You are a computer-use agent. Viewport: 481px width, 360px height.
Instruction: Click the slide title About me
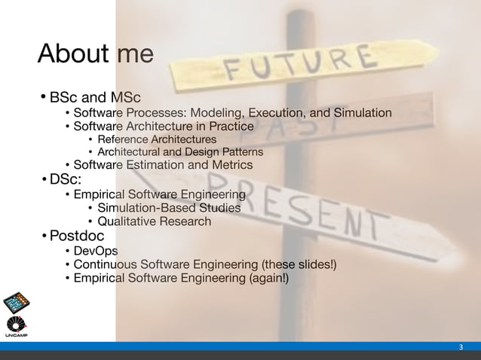coord(96,53)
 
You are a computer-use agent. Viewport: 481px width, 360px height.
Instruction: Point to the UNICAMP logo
coord(17,310)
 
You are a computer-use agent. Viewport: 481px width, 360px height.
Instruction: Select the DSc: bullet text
coord(66,179)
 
